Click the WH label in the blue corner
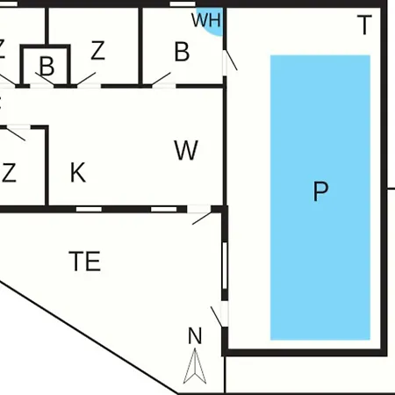tap(206, 20)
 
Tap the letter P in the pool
tap(320, 191)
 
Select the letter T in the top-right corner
tap(364, 25)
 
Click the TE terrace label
tap(85, 261)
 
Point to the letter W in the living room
tap(186, 150)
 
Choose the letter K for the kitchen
tap(78, 172)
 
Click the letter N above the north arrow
tap(195, 336)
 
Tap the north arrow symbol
tap(195, 366)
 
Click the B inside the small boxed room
tap(47, 66)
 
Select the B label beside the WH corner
tap(182, 52)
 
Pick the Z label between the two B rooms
tap(97, 50)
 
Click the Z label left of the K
tap(9, 173)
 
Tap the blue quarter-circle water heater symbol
tap(212, 20)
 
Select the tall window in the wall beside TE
tap(225, 266)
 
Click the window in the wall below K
tap(89, 209)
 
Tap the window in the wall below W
tap(164, 209)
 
